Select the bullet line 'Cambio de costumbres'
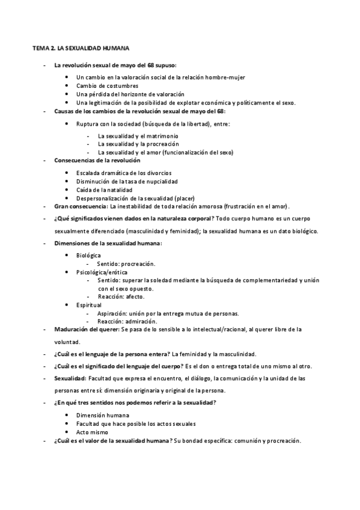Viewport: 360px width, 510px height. [107, 85]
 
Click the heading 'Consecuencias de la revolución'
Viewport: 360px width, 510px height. [97, 161]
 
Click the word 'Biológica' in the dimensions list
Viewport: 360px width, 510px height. [88, 256]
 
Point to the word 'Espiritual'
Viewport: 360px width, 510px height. [89, 305]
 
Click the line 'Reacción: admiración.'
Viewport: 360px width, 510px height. [126, 321]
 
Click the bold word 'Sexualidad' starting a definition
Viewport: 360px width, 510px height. [70, 378]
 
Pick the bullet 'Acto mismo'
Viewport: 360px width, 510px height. [92, 432]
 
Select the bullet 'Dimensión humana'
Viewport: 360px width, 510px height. [102, 415]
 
